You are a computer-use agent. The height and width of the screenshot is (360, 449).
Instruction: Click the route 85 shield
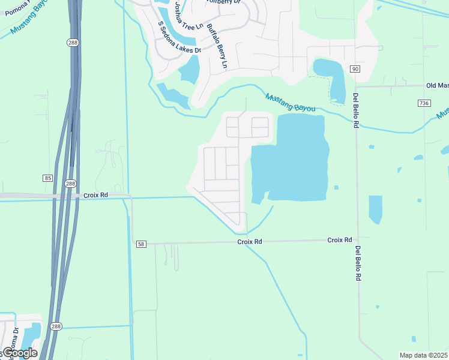(x=47, y=178)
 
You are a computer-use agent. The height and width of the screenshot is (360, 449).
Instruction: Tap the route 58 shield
(x=141, y=244)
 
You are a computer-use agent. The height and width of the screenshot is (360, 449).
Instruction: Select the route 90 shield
(x=355, y=69)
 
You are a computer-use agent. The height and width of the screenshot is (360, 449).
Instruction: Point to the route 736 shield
(x=424, y=103)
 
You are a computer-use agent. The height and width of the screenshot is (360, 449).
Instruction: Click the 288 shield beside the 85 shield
(x=70, y=183)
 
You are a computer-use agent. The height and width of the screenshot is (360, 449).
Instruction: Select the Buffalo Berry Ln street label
(x=217, y=46)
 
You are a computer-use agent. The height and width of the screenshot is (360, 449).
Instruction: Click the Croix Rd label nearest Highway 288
(x=96, y=195)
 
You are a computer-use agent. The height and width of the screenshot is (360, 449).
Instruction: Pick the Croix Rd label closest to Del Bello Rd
(x=339, y=240)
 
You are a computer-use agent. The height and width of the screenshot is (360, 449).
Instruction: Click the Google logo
(x=19, y=353)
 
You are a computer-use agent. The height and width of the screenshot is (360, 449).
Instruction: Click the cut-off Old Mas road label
(x=436, y=86)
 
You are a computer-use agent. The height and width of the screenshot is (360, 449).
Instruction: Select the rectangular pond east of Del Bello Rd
(x=375, y=209)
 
